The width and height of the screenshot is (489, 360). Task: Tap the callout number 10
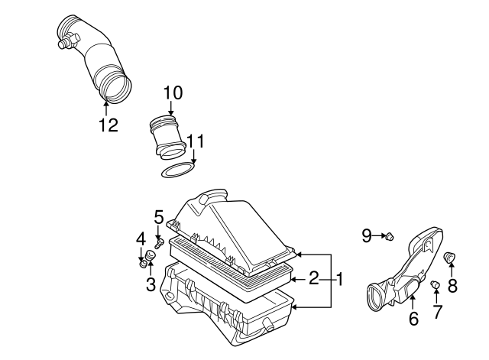[x=173, y=93]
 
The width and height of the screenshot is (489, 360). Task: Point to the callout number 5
[x=158, y=217]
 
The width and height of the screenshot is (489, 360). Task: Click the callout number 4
[x=141, y=239]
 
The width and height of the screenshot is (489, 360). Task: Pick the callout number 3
[x=151, y=285]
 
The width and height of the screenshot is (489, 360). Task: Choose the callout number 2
[x=314, y=279]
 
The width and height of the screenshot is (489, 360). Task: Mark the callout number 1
[x=340, y=279]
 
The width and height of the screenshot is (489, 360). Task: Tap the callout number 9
[x=366, y=236]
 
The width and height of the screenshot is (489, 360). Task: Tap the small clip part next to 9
[x=390, y=237]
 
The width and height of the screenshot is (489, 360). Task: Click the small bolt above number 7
[x=436, y=286]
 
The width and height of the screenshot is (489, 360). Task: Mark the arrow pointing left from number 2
[x=296, y=279]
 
